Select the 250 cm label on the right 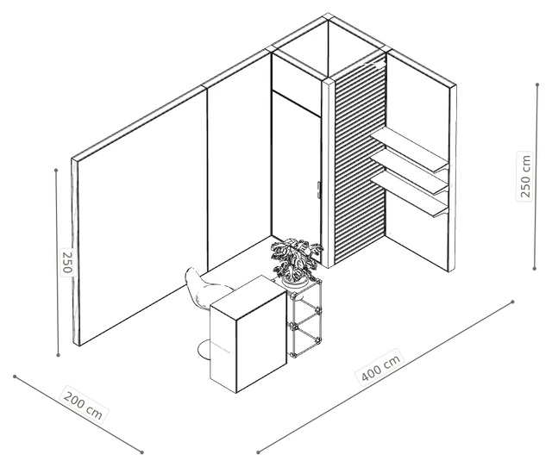[524, 176]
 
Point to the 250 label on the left [66, 262]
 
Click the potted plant [296, 260]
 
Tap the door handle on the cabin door [318, 190]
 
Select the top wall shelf [410, 149]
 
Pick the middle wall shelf [410, 171]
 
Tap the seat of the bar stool [206, 288]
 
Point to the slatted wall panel [360, 159]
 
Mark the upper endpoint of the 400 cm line [512, 302]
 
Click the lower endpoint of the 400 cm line [258, 452]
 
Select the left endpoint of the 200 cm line [15, 377]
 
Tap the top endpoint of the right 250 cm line [537, 84]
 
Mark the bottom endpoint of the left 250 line [59, 355]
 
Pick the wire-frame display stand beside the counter [305, 318]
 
